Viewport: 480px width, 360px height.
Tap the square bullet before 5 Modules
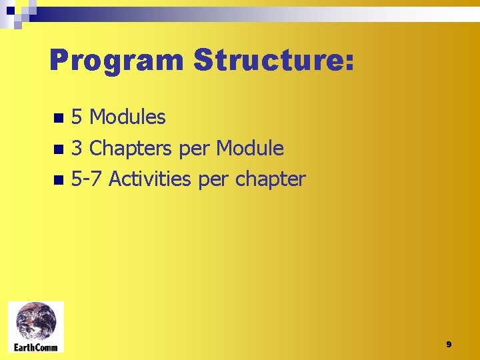coord(59,119)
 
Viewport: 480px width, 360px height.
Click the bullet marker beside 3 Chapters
coord(59,149)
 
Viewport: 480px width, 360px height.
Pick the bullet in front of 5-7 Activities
coord(59,180)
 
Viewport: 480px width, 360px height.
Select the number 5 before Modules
coord(77,118)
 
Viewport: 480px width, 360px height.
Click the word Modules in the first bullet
coord(127,118)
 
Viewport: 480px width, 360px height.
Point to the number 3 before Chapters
coord(77,149)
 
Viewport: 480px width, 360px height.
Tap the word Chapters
coord(131,149)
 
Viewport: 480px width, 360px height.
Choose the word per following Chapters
coord(194,150)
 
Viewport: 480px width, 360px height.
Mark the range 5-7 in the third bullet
coord(87,179)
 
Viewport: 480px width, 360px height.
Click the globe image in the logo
coord(36,321)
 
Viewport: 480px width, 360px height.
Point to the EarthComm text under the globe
coord(36,347)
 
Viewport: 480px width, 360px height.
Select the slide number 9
coord(449,345)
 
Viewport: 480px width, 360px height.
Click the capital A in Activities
coord(115,179)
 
